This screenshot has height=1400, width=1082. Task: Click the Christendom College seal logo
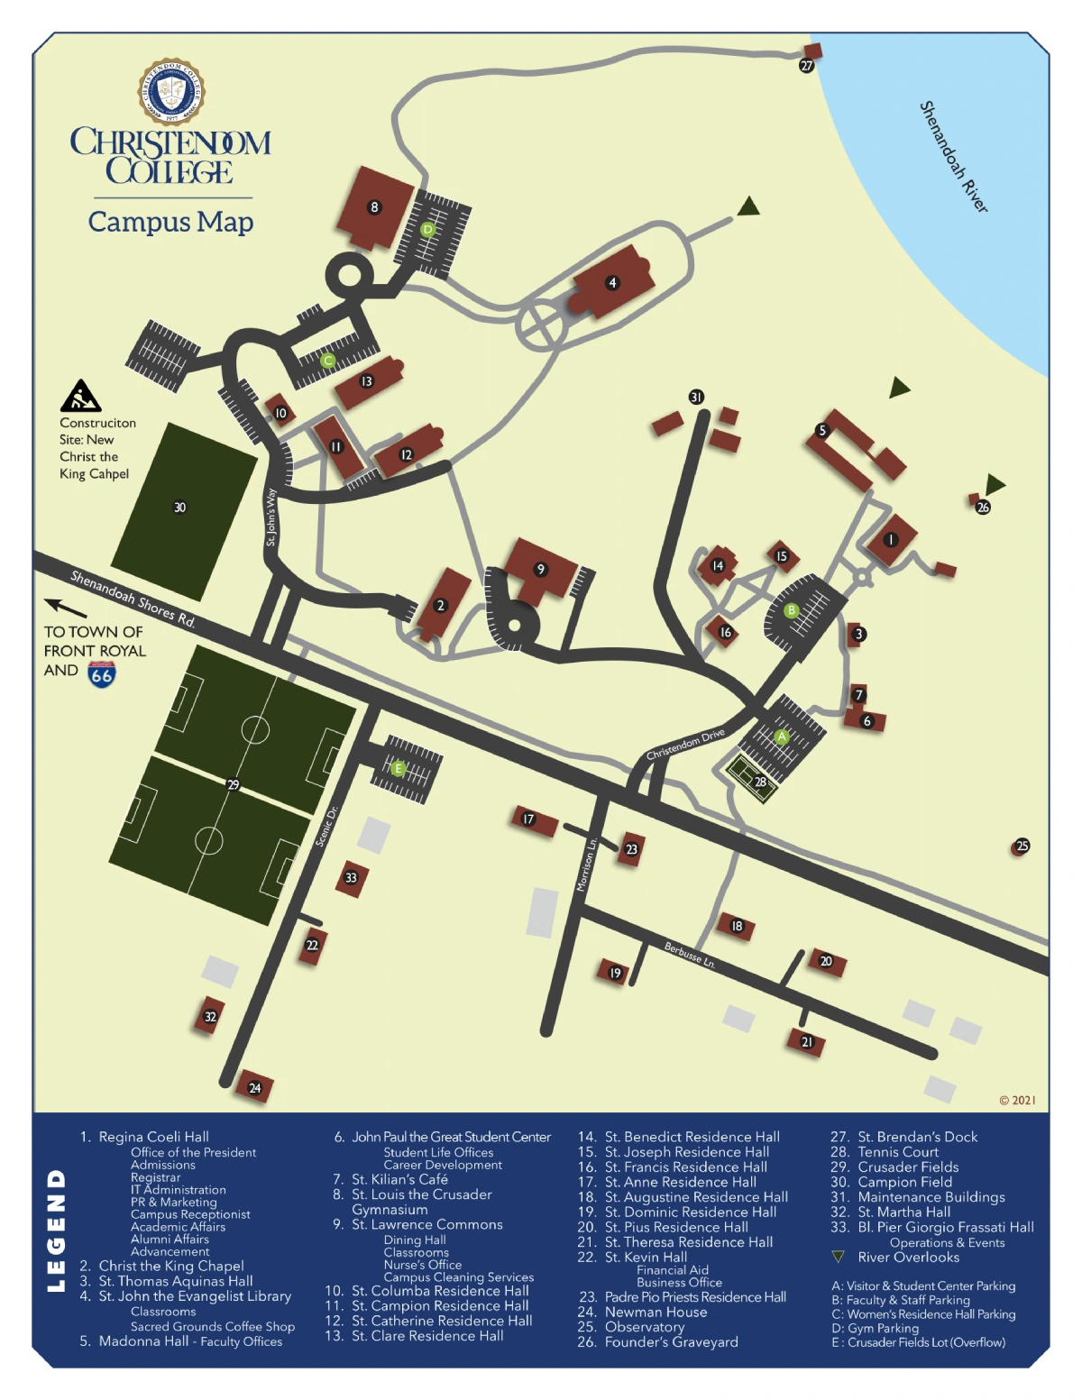[170, 92]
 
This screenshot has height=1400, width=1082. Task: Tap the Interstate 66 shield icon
[101, 673]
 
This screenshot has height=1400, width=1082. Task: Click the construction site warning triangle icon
[80, 396]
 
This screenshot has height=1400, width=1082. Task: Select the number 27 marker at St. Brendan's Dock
[806, 65]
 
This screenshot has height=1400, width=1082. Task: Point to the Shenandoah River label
[953, 157]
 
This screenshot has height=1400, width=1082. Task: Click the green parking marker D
[428, 230]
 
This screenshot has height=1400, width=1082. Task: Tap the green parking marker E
[398, 768]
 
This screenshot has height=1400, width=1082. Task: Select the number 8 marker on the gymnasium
[374, 207]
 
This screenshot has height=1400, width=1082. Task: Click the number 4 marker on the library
[612, 283]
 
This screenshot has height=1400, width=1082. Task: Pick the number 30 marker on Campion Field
[179, 508]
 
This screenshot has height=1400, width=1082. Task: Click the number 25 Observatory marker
[1022, 846]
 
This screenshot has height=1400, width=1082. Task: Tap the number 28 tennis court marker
[760, 782]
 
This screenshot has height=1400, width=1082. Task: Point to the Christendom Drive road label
[685, 745]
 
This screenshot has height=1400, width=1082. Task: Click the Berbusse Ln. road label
[690, 956]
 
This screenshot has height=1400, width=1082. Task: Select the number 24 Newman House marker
[254, 1088]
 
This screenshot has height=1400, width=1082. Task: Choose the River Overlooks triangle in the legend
[838, 1257]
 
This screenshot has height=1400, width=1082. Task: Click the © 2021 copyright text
[1017, 1100]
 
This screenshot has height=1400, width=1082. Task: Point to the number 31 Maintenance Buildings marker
[696, 397]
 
